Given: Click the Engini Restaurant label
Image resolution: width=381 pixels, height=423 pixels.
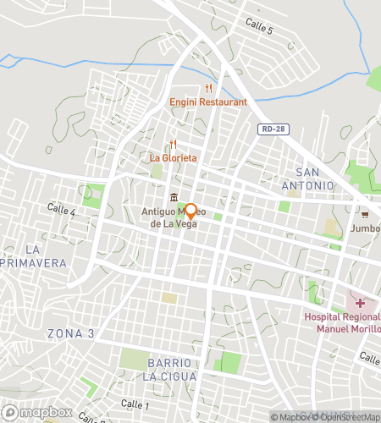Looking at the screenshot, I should click(x=207, y=102).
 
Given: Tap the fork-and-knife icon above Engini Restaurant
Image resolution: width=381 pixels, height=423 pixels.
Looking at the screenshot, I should click(x=207, y=88).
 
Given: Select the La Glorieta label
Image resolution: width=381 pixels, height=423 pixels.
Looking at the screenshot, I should click(x=174, y=157).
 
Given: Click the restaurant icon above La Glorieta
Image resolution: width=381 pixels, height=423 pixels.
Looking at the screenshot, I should click(x=174, y=144).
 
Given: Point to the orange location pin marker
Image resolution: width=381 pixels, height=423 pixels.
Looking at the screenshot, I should click(x=190, y=211).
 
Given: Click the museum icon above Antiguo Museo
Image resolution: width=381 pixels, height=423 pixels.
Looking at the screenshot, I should click(x=174, y=198).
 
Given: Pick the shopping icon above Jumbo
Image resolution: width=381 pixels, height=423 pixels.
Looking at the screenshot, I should click(x=367, y=213).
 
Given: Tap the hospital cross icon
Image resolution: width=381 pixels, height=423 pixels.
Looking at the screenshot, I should click(x=360, y=302).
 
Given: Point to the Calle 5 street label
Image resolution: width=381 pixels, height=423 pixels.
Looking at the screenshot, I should click(x=258, y=29).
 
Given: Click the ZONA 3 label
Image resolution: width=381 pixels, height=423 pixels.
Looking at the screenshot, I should click(x=71, y=332).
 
